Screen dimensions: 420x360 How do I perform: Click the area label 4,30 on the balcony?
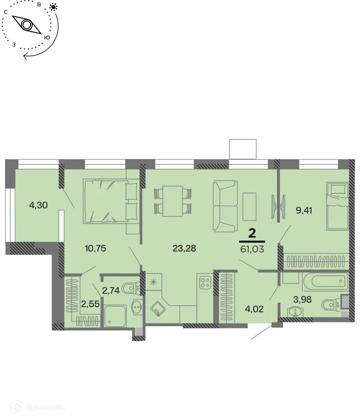point(38,204)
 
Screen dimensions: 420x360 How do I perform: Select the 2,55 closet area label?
point(90,303)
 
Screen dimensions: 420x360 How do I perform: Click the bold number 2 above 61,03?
point(252,232)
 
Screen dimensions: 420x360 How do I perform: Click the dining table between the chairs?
point(173,200)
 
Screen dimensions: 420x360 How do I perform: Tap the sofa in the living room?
point(224,206)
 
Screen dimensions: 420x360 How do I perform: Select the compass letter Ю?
point(47,37)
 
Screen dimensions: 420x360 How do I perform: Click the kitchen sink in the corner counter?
point(158,310)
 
